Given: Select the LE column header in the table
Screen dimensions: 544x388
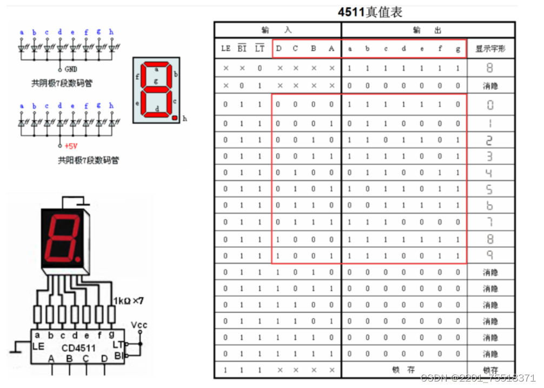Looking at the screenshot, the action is tap(226, 49).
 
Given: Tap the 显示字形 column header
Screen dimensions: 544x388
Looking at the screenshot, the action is tap(489, 49).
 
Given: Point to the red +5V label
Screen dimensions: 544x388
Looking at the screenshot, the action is tap(71, 145).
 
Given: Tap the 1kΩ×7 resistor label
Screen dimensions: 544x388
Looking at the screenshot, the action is tap(129, 300).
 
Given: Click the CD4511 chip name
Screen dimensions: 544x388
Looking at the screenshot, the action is tap(79, 347).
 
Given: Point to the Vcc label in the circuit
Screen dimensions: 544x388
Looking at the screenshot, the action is tap(139, 325).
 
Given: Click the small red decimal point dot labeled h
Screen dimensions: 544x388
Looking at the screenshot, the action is tap(175, 117).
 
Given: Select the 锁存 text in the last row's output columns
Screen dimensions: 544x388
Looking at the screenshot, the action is tap(403, 370).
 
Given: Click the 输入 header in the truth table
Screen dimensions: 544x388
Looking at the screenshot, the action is tap(277, 30).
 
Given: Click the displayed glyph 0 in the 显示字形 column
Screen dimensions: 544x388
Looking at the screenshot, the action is tap(490, 105).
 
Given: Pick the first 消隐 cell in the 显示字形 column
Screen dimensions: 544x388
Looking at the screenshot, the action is tap(490, 85).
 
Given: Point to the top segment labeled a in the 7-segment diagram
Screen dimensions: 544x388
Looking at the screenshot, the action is tap(156, 69).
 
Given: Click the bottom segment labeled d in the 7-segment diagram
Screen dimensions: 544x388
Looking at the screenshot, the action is tap(156, 110).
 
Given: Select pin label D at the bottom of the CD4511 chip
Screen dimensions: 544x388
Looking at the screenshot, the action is tap(104, 358).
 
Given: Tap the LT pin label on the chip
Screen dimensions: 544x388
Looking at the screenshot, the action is tap(117, 344).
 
